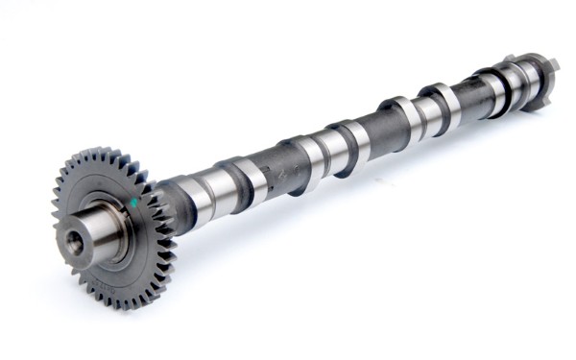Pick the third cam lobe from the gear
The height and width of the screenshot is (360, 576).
354,139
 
